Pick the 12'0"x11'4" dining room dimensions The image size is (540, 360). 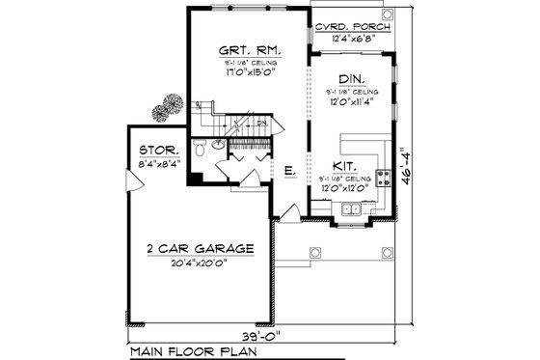[x=351, y=100]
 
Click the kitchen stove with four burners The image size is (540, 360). [x=382, y=177]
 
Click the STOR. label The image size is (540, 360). [x=157, y=151]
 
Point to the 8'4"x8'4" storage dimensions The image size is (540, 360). [x=157, y=164]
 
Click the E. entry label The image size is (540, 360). [x=288, y=171]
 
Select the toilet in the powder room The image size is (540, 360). [x=198, y=151]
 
